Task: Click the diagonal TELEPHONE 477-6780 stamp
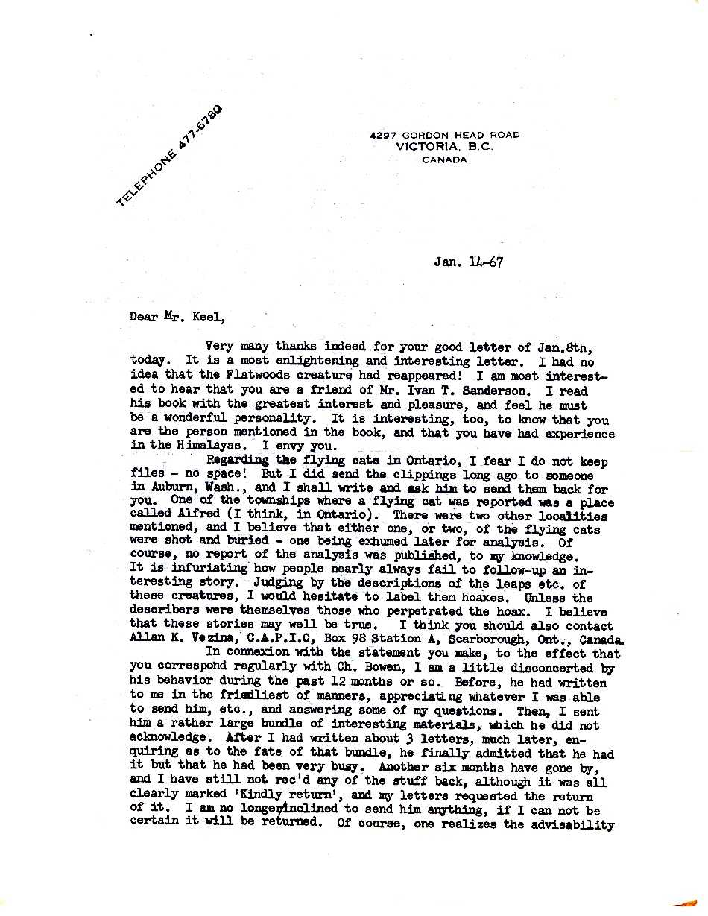pos(169,157)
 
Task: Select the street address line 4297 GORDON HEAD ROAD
pos(445,135)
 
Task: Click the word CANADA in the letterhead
pos(444,159)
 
